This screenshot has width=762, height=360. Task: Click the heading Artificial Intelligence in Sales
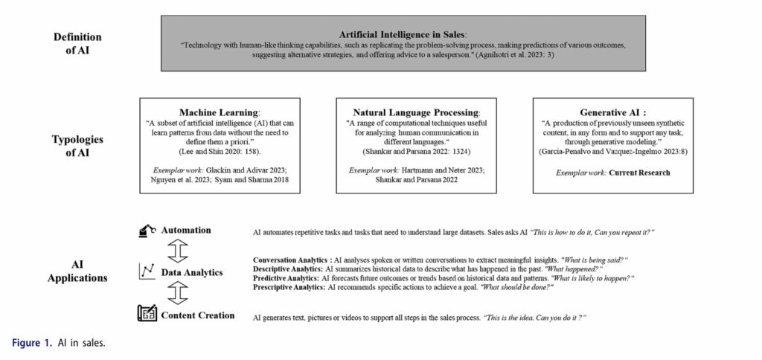pos(403,34)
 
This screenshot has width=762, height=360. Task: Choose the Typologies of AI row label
pos(77,146)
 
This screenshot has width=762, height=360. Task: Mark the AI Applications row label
pos(77,271)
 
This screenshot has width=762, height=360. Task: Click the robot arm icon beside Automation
pos(147,232)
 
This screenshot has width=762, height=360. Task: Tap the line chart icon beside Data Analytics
pos(147,272)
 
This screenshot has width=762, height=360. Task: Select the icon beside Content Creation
pos(147,315)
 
